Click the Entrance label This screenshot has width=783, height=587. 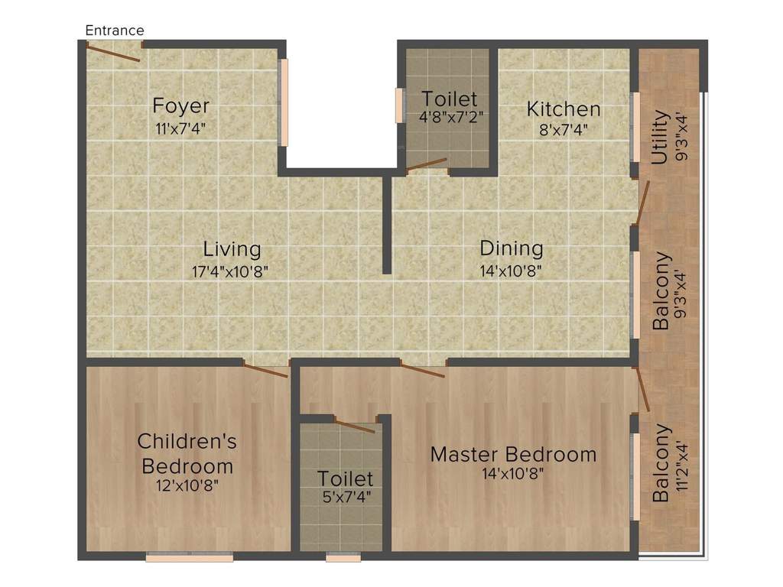point(115,31)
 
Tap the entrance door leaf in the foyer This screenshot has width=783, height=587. point(112,53)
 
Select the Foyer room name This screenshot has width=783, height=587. point(180,105)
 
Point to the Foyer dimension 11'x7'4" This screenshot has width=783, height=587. point(180,127)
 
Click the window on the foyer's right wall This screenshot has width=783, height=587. point(283,102)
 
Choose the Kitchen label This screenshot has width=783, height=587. point(564,109)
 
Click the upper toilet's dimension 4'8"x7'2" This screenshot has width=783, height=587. point(449,118)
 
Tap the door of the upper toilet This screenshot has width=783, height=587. point(426,164)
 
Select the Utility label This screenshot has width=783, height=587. point(658,138)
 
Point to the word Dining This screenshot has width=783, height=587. point(512,248)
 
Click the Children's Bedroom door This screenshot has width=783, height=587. point(265,369)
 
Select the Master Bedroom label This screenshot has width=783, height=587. point(513,454)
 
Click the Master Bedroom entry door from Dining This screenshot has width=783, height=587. point(423,371)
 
